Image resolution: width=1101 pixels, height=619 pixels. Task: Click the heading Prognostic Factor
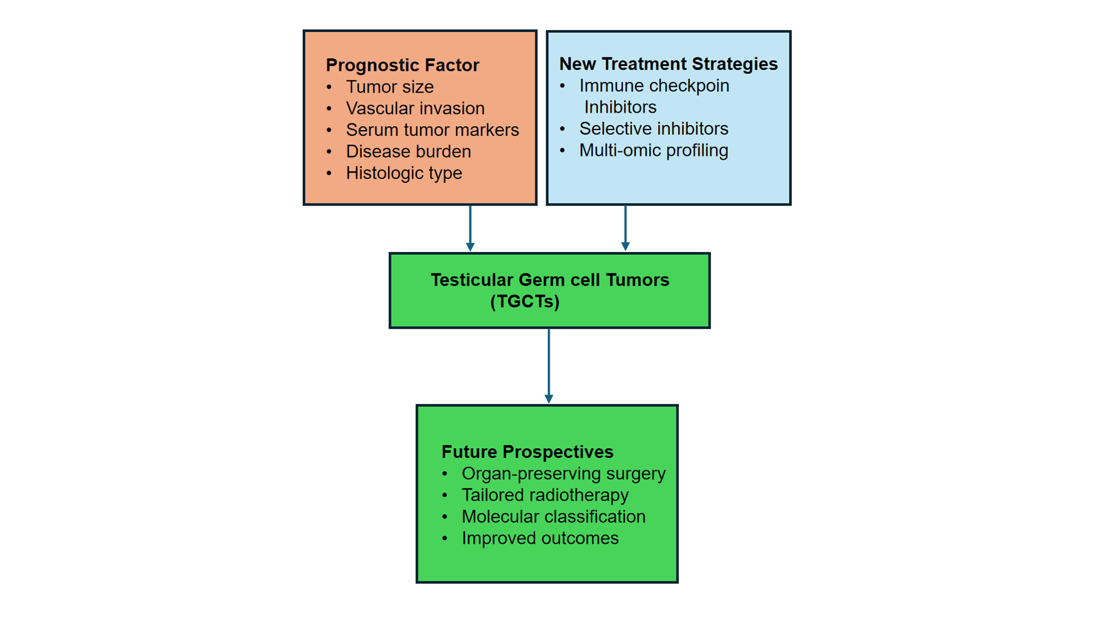[x=402, y=65]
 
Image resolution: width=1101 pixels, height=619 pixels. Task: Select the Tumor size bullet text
[x=390, y=87]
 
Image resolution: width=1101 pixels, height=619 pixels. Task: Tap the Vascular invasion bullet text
[x=415, y=109]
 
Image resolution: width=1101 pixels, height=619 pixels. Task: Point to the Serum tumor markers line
[x=432, y=130]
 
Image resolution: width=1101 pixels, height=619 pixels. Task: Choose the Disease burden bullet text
[x=408, y=152]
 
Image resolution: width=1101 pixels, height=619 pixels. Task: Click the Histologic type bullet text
[x=404, y=173]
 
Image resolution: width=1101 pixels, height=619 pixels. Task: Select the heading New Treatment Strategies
[x=668, y=64]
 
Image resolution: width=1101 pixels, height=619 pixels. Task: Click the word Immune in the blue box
[x=608, y=86]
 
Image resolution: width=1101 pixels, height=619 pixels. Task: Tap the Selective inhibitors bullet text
[x=653, y=129]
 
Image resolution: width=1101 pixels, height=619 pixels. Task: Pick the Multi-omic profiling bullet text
[x=653, y=150]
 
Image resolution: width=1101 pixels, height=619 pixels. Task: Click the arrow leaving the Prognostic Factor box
[x=470, y=228]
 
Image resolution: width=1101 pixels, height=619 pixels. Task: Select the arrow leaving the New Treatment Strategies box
[x=625, y=228]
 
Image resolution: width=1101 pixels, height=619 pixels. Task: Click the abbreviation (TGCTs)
[x=525, y=302]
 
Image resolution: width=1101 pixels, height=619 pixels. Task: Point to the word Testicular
[x=472, y=280]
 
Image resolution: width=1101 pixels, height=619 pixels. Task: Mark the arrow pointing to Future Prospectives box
[x=549, y=366]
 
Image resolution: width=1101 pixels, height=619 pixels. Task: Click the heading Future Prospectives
[x=527, y=452]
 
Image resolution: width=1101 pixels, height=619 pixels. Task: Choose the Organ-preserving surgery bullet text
[x=563, y=474]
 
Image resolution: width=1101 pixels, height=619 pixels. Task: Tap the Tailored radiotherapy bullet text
[x=545, y=495]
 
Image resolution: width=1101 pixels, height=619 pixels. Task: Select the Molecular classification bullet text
[x=553, y=517]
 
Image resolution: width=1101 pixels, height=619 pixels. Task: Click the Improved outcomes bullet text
[x=540, y=538]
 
